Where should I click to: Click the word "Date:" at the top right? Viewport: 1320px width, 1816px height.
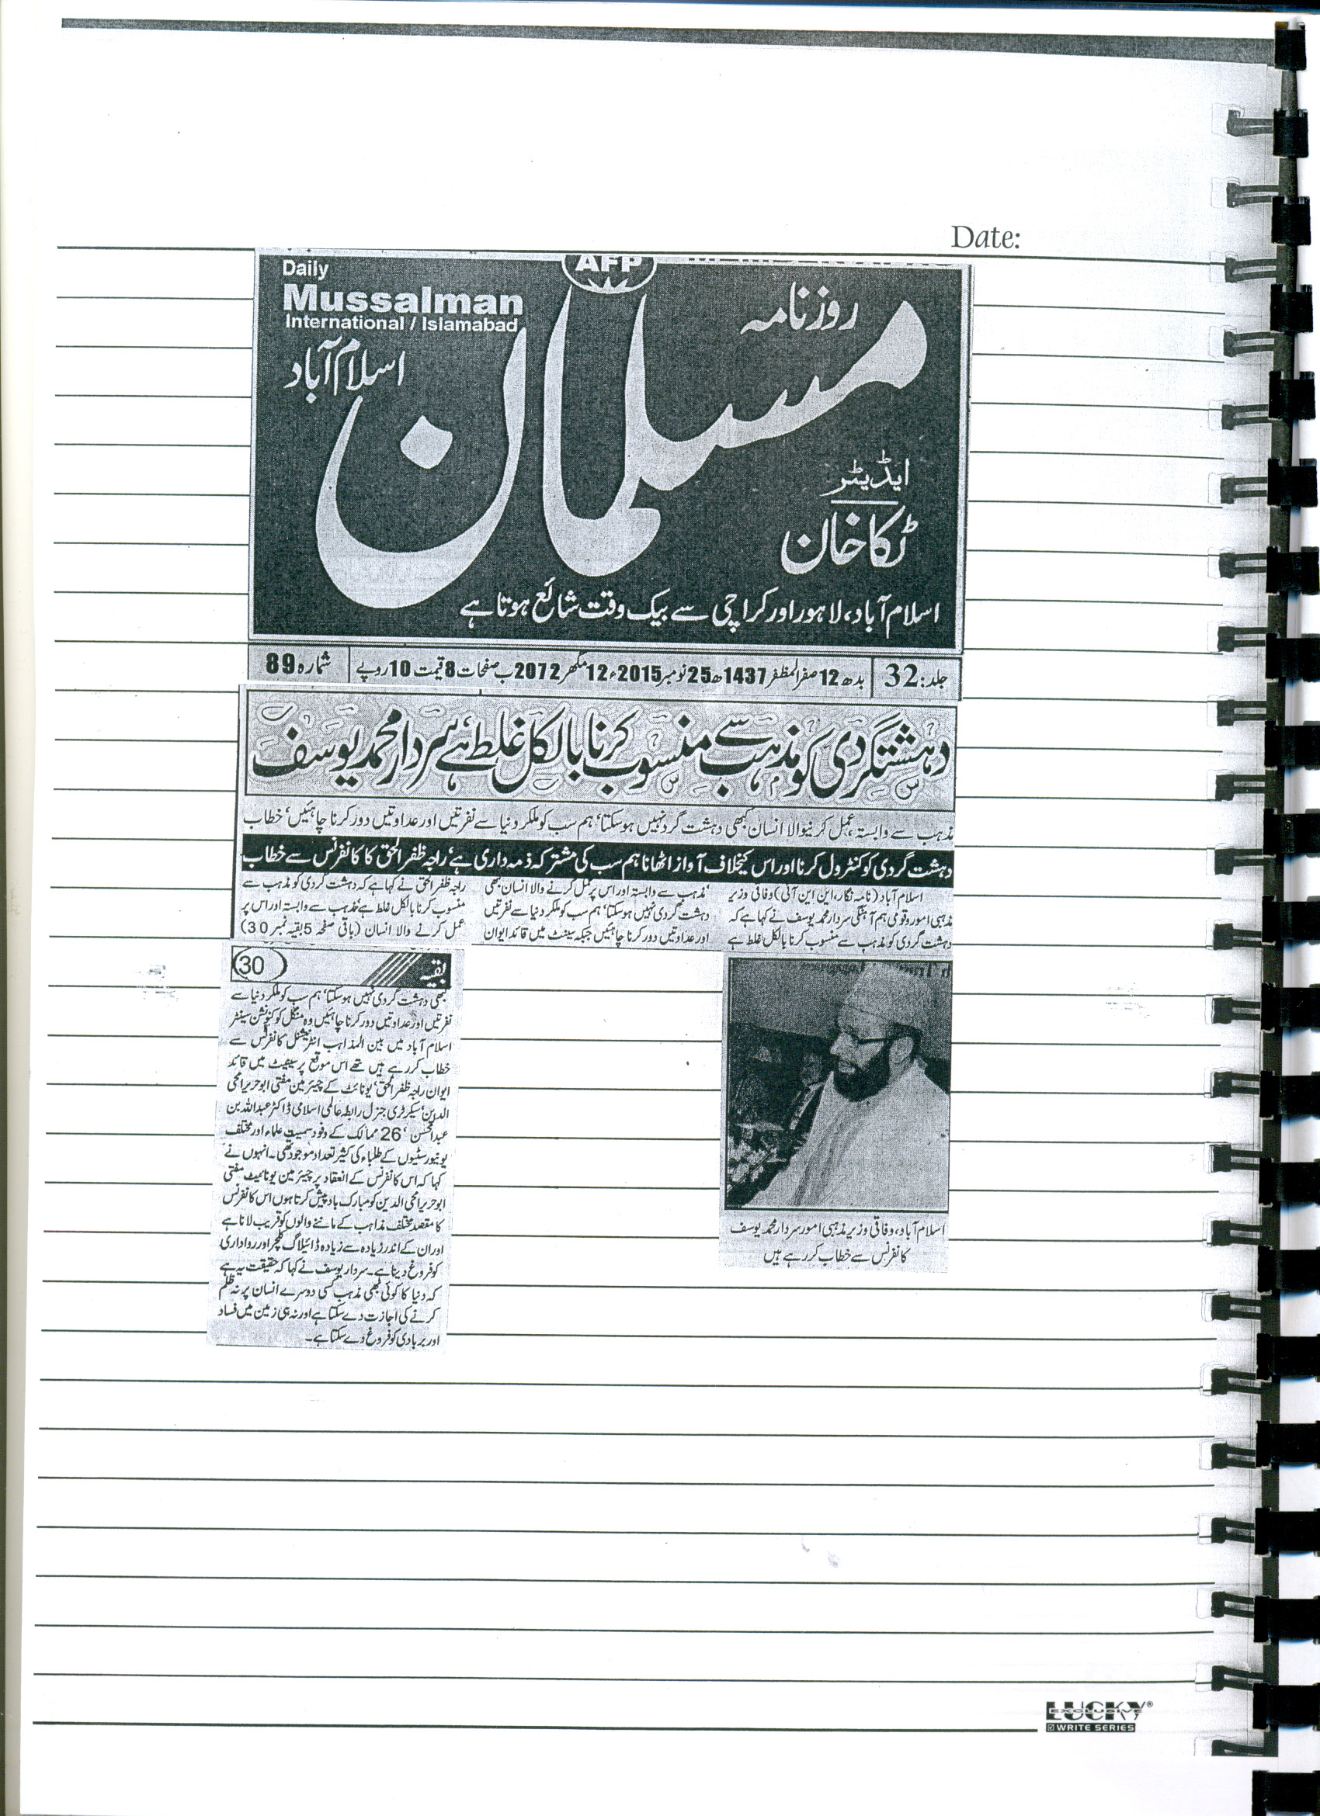click(985, 237)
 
